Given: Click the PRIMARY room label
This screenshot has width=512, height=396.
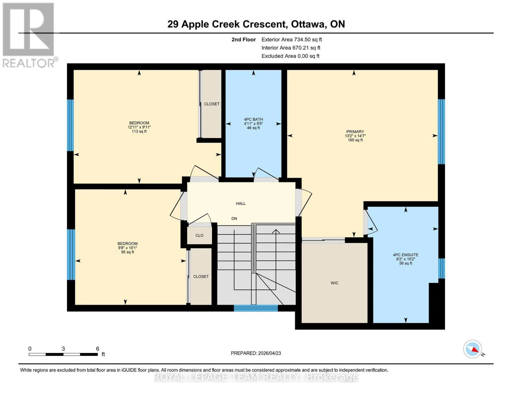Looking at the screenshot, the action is coord(355,132).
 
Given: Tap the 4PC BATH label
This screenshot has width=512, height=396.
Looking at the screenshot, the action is coord(253,119).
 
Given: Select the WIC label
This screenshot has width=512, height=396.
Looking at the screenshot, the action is coord(334,283).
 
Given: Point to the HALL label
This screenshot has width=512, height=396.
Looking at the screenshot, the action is coord(241,203).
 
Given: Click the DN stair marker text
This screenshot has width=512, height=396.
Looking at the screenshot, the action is coord(234,218).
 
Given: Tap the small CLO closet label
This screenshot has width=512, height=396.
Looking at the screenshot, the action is coord(199,235).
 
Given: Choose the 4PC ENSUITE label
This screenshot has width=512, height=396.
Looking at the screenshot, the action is coord(406,255).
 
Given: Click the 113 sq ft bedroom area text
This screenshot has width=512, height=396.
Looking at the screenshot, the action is coord(139,131).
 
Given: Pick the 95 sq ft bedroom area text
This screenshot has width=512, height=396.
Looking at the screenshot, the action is coord(128,252).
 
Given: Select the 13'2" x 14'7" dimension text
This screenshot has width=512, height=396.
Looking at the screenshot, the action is coord(355,136).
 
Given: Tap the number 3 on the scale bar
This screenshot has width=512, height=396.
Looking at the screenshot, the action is coord(63,348).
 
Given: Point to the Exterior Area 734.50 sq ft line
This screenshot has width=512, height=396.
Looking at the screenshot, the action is coord(291,40).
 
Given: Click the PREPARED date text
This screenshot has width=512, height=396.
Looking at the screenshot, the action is coord(256,353).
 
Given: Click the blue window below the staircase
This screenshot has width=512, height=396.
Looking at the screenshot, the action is coord(256,308).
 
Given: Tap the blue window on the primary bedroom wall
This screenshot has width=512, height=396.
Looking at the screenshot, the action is coord(441,132).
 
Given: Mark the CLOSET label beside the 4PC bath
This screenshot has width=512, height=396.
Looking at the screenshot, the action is coord(212,104).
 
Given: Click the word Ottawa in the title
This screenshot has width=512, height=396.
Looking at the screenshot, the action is coord(309,24).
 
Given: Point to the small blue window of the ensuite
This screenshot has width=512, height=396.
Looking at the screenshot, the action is coord(441,268).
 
